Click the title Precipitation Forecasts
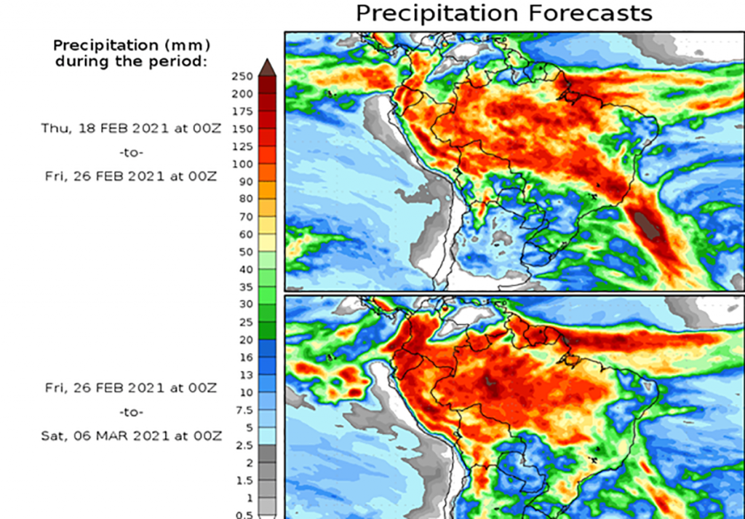click(x=503, y=13)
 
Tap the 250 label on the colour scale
click(x=242, y=76)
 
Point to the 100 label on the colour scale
click(x=242, y=164)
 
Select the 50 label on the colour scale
click(x=245, y=252)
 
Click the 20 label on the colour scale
click(x=245, y=340)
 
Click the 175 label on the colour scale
click(x=242, y=111)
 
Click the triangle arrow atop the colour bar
click(x=266, y=67)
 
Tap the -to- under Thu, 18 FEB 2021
click(x=131, y=153)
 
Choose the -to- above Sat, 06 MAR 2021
click(x=131, y=411)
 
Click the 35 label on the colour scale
click(x=245, y=287)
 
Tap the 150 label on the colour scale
click(x=242, y=129)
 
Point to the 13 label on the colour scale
click(x=245, y=375)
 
